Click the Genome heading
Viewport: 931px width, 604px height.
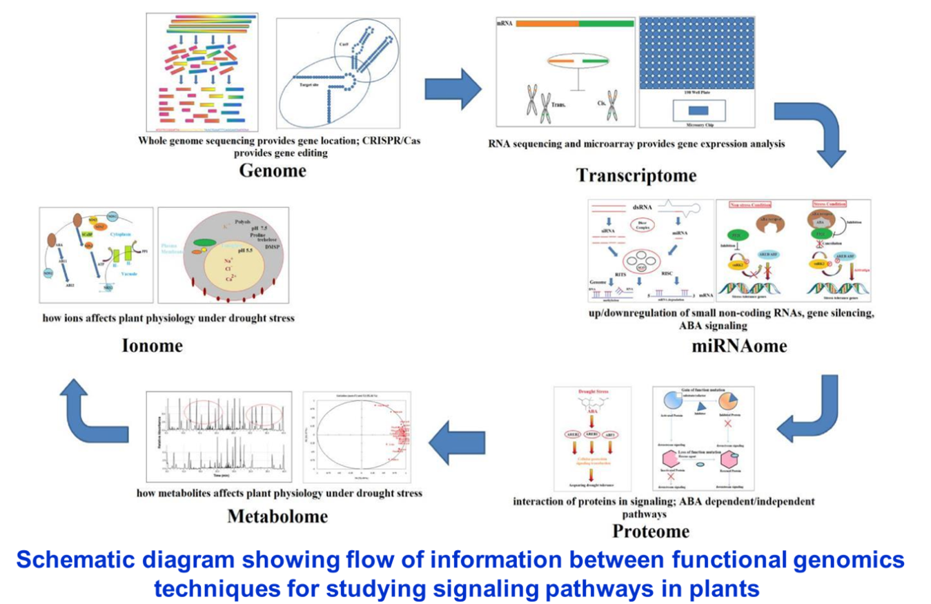(x=272, y=170)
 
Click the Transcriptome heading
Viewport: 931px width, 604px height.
(x=636, y=175)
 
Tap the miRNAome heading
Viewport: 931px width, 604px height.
(x=739, y=345)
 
